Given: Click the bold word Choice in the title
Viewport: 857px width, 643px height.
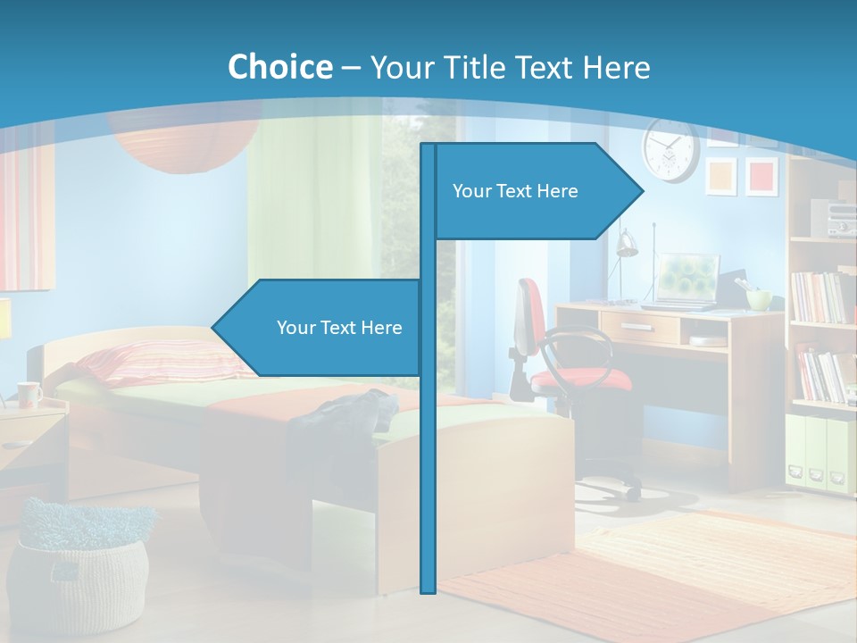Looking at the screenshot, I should pos(279,67).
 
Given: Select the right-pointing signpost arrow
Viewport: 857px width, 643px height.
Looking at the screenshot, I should pos(536,191).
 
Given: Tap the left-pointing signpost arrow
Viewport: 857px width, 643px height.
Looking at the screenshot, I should pos(321,328).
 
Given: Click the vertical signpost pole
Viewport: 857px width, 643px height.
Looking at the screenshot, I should pos(428,447).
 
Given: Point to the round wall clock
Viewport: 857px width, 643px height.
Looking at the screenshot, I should pos(670,150).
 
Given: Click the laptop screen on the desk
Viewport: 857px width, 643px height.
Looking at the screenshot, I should pos(687,278).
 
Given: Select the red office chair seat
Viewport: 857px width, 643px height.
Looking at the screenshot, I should pos(580,380).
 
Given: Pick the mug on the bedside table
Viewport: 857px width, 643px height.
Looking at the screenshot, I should pos(29,393).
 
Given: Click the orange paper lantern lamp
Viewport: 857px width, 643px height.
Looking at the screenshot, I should pos(179,143).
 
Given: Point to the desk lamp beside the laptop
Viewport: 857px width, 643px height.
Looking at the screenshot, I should pos(626,243).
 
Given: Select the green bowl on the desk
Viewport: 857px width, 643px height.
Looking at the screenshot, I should pos(759,299).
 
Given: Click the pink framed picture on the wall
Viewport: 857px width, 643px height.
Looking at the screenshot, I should pos(761,176).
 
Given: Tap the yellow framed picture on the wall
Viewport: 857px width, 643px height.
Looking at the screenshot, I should pos(721,176).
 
